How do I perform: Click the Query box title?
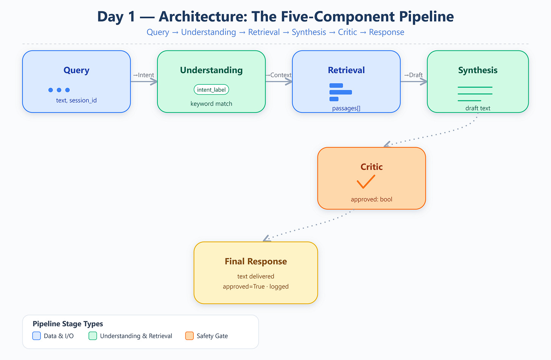click(76, 70)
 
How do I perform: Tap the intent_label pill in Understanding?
click(211, 90)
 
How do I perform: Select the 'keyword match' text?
click(211, 104)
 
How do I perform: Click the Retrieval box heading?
click(346, 70)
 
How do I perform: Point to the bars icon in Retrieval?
click(341, 92)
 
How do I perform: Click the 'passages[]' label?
click(346, 108)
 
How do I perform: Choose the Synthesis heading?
click(478, 70)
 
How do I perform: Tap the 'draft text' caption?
click(478, 108)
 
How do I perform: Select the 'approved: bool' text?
click(372, 199)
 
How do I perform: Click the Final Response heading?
click(255, 261)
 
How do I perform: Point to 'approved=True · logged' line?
click(255, 287)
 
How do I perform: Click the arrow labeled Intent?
click(144, 81)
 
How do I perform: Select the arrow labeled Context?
click(279, 81)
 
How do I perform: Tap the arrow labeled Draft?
click(414, 81)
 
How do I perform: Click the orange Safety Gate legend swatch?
click(189, 336)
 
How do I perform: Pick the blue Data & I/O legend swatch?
click(37, 336)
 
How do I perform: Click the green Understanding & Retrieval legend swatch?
click(93, 336)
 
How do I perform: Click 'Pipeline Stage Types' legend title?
click(68, 324)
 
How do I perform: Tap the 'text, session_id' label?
click(76, 100)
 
